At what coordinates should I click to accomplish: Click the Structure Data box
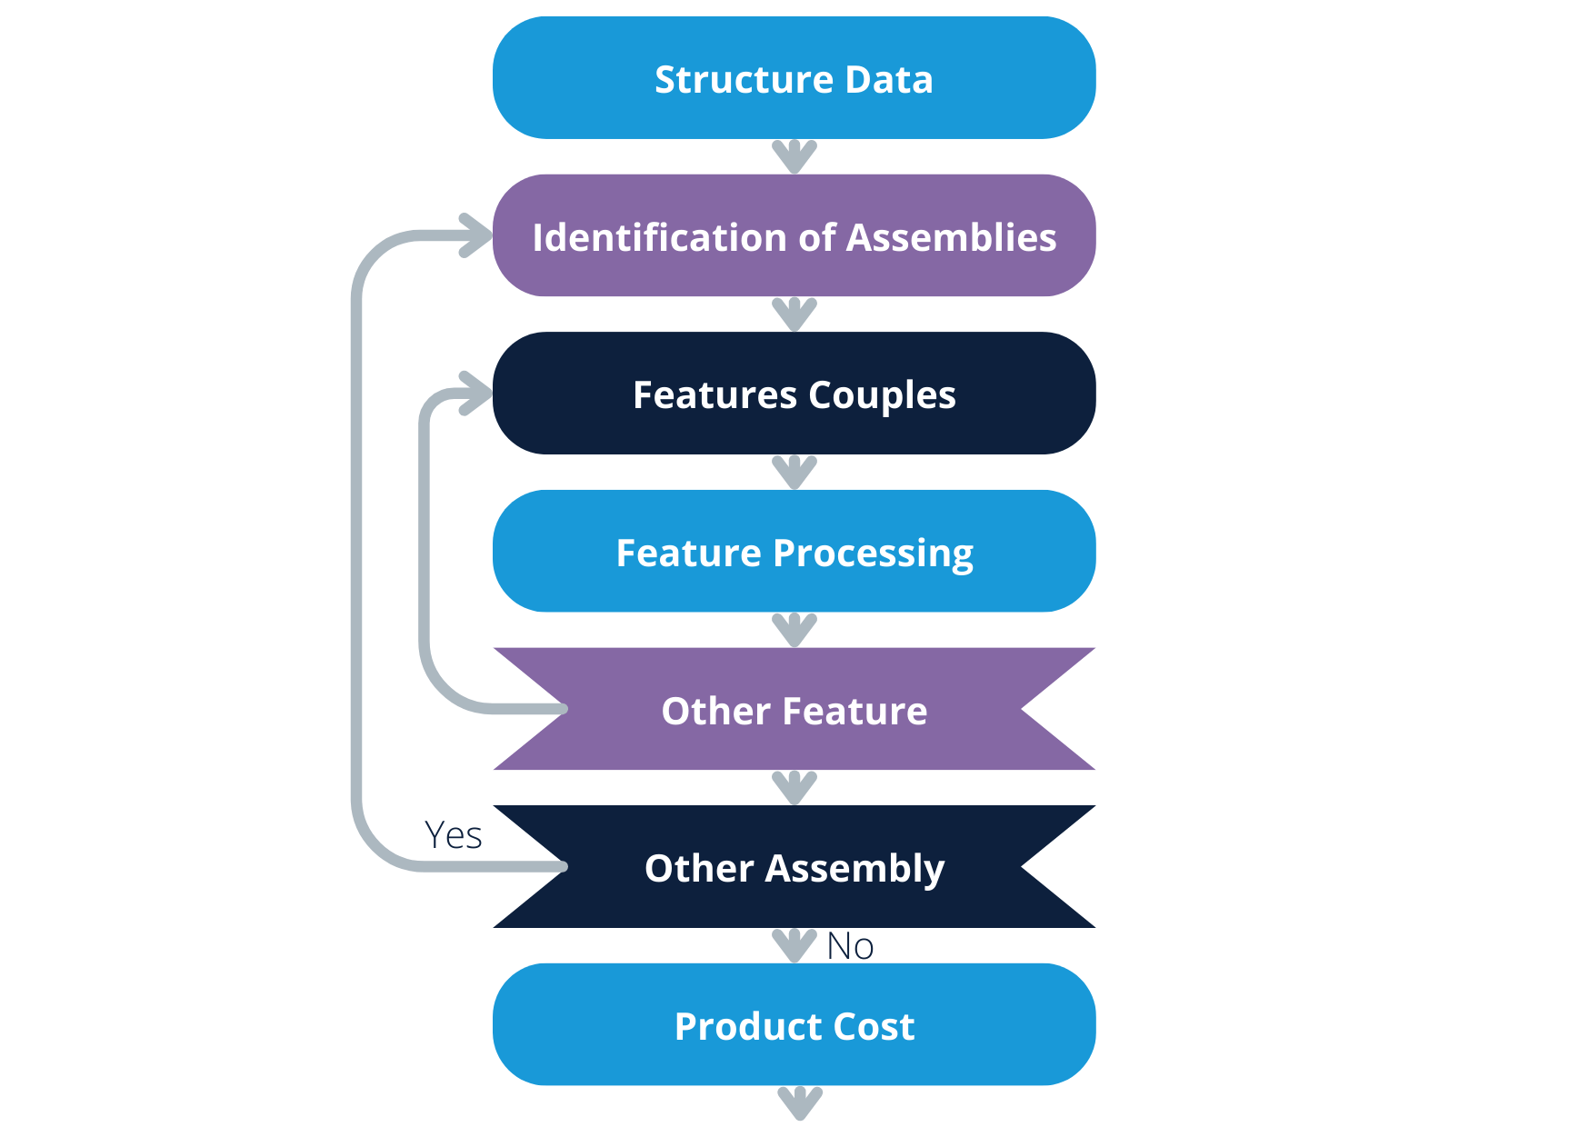click(794, 78)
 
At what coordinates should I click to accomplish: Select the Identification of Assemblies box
click(794, 236)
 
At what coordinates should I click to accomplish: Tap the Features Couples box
click(794, 394)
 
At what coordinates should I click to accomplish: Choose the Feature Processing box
click(794, 552)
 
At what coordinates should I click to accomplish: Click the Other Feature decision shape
click(794, 710)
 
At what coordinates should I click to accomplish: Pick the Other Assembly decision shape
click(794, 867)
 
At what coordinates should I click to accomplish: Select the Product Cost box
click(794, 1025)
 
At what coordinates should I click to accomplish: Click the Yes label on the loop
click(454, 835)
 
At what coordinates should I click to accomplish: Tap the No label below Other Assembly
click(850, 947)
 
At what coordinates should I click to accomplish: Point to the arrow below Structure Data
click(794, 156)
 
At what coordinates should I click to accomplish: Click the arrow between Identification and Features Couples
click(794, 314)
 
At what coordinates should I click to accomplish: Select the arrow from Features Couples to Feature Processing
click(794, 473)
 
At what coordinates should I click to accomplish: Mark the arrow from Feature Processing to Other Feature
click(794, 630)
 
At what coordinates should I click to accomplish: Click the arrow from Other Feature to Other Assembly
click(794, 788)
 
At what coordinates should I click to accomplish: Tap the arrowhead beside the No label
click(794, 945)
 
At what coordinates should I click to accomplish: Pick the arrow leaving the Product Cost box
click(800, 1102)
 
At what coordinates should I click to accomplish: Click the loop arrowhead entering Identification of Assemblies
click(476, 236)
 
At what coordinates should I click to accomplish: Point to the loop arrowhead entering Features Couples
click(476, 394)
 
